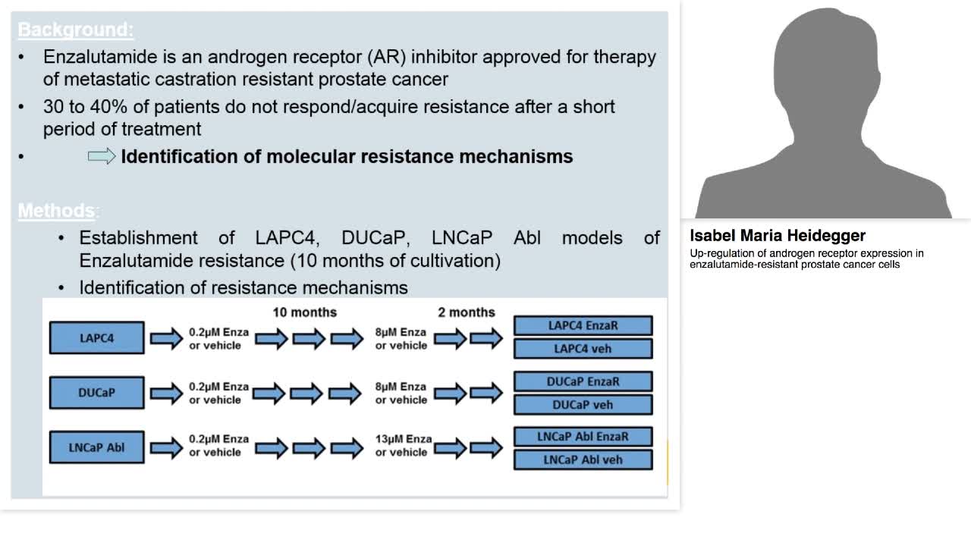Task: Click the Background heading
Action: coord(75,30)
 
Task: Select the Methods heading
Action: coord(57,210)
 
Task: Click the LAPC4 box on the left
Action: coord(96,338)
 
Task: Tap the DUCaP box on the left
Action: coord(96,393)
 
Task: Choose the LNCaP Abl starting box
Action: coord(96,447)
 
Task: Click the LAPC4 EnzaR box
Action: coord(583,325)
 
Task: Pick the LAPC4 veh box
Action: coord(583,349)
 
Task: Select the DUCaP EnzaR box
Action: coord(583,381)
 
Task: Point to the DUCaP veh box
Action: coord(583,404)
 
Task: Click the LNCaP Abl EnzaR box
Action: coord(583,437)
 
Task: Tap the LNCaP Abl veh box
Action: coord(583,460)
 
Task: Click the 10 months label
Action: coord(304,312)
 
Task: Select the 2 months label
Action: coord(466,312)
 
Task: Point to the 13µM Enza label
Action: coord(403,439)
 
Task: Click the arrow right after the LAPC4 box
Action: coord(166,338)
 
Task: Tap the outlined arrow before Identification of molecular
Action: coord(102,156)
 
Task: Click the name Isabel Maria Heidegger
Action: coord(778,235)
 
